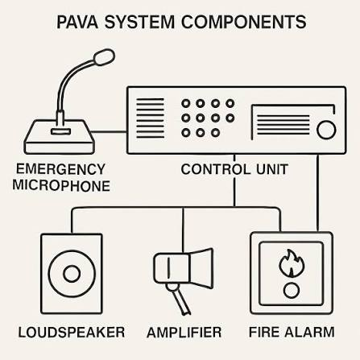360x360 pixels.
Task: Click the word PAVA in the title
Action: [77, 22]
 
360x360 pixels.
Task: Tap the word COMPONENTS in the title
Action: [244, 22]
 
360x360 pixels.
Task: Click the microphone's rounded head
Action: [104, 57]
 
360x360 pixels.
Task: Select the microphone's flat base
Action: [60, 137]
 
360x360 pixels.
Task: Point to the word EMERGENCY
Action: [60, 169]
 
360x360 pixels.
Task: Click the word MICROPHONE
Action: [61, 185]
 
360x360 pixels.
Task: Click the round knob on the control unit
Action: [326, 130]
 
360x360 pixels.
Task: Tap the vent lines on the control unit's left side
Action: [150, 118]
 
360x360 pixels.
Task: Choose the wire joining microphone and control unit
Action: [110, 132]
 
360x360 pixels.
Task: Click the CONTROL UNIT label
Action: [234, 169]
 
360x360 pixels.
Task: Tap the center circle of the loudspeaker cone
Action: [72, 274]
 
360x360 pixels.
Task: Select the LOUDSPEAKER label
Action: [72, 333]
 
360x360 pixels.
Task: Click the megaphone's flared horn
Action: [202, 268]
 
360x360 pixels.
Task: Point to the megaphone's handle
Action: [179, 300]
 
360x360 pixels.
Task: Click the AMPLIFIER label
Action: [184, 333]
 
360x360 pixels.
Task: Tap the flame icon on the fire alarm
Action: [292, 263]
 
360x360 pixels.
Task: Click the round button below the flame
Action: [292, 291]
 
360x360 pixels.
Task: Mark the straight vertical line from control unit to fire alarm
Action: [318, 192]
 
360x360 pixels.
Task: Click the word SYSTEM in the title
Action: [139, 22]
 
